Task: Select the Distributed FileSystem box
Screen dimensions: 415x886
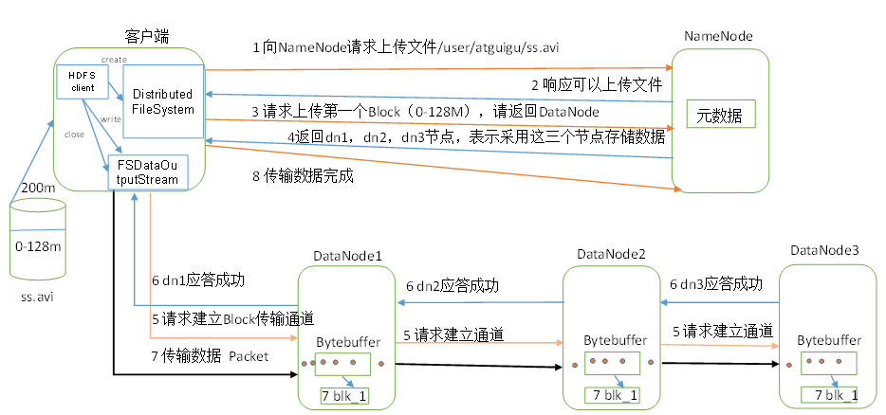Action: (163, 101)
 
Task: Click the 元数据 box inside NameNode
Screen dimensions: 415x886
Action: (722, 117)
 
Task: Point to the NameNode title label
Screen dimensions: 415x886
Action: (718, 36)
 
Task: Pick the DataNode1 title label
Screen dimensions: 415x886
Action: (347, 256)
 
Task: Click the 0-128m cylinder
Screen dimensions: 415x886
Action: (38, 245)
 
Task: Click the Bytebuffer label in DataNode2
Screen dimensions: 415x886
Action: (615, 339)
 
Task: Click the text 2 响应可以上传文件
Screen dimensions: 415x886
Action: (596, 84)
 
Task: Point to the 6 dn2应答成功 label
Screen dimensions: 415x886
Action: (452, 286)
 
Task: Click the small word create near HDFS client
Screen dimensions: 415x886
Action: (114, 59)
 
